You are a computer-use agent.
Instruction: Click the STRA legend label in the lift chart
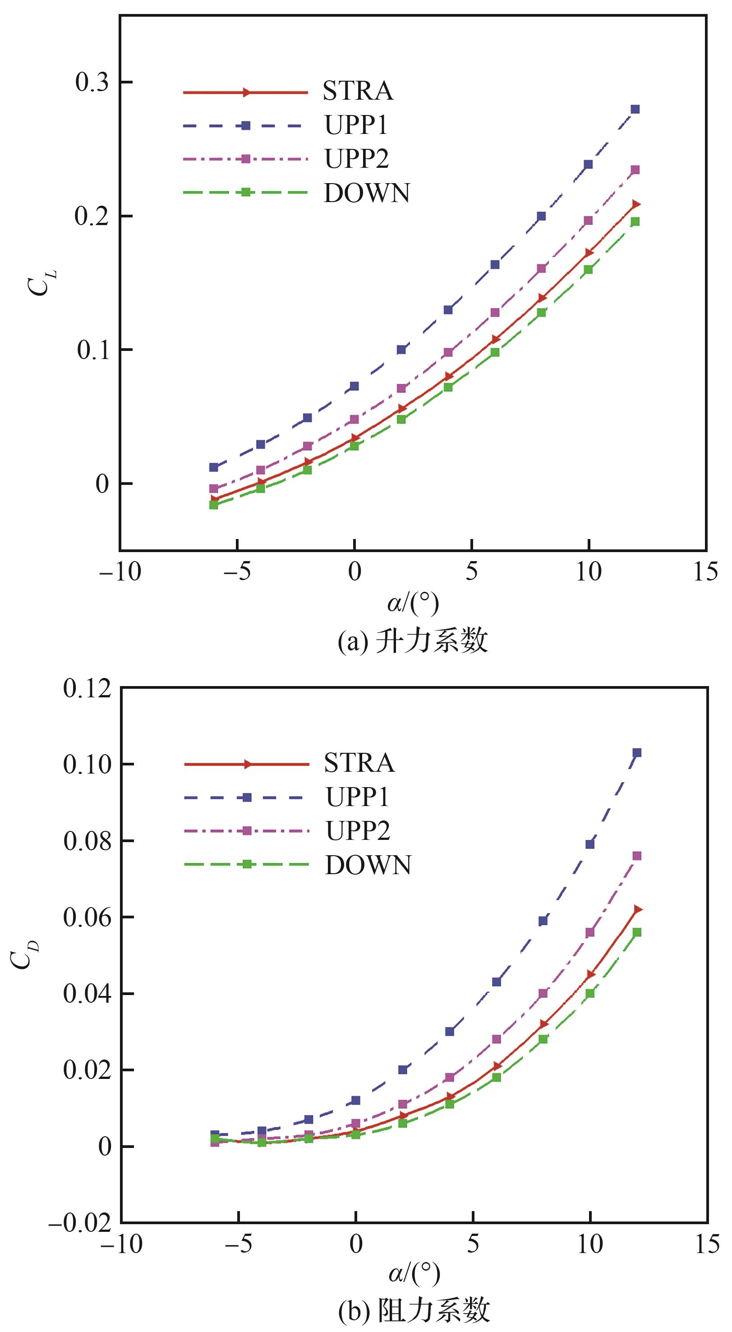tap(358, 92)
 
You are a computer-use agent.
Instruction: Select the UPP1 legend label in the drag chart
tap(357, 797)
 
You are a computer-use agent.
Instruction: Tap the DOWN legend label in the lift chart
tap(367, 193)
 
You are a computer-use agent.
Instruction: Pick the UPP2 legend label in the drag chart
tap(357, 831)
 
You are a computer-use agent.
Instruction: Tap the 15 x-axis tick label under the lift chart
tap(705, 572)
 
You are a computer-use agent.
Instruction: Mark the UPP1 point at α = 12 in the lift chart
tap(635, 109)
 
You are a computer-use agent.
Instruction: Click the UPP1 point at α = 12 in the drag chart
tap(637, 753)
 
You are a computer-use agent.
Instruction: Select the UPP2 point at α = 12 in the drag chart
tap(637, 856)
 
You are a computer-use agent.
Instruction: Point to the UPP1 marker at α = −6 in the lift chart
tap(213, 467)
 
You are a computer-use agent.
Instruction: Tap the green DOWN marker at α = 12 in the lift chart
tap(635, 221)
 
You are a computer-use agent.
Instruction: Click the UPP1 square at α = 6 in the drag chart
tap(496, 982)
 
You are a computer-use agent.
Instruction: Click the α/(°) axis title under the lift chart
tap(413, 604)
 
